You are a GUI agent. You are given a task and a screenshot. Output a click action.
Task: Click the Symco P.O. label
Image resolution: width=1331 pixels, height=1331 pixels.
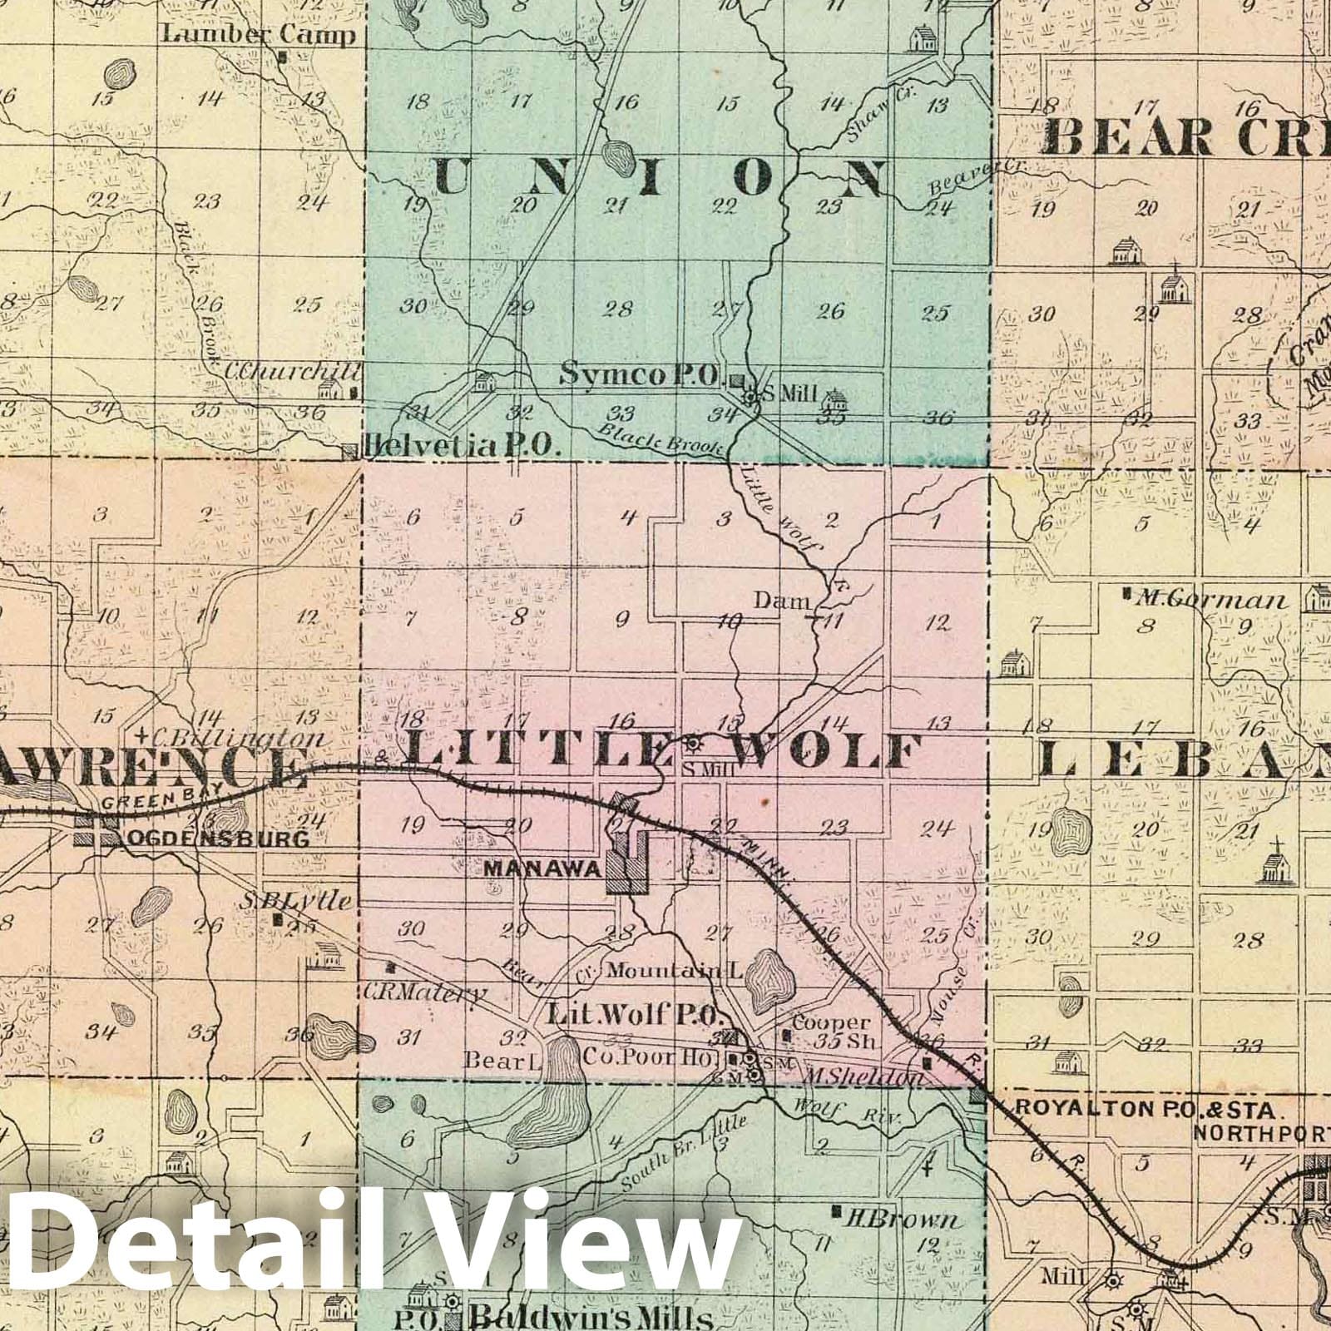pos(640,375)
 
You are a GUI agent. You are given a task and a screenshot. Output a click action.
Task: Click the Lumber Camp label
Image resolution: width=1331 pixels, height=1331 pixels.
pos(259,35)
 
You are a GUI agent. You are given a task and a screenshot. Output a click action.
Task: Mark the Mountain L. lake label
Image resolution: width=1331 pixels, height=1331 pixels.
pos(675,970)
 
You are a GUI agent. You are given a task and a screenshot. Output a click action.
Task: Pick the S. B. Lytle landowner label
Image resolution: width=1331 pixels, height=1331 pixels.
pos(296,900)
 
